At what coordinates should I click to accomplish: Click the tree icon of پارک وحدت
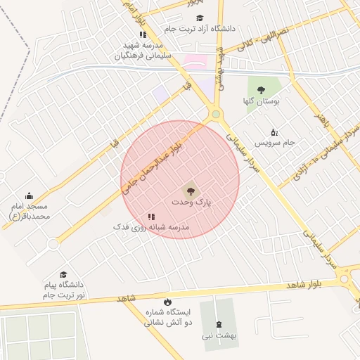pyautogui.click(x=189, y=190)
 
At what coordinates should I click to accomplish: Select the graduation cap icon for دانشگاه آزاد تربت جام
pyautogui.click(x=200, y=18)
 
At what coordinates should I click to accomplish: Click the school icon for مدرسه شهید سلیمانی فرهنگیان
pyautogui.click(x=143, y=34)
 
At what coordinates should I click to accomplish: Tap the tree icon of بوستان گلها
pyautogui.click(x=262, y=90)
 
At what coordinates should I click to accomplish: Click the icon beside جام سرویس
pyautogui.click(x=274, y=131)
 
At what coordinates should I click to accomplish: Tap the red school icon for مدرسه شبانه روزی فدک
pyautogui.click(x=150, y=217)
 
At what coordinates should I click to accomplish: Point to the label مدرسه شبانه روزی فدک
pyautogui.click(x=152, y=228)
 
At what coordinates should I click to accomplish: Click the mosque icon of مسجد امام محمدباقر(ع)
pyautogui.click(x=29, y=195)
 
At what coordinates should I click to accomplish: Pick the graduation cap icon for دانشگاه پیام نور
pyautogui.click(x=63, y=274)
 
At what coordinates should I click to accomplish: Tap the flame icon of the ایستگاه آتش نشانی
pyautogui.click(x=167, y=302)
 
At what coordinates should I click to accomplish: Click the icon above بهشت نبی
pyautogui.click(x=219, y=324)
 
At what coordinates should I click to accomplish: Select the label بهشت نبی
pyautogui.click(x=219, y=335)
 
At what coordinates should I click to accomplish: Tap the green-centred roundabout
pyautogui.click(x=216, y=114)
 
